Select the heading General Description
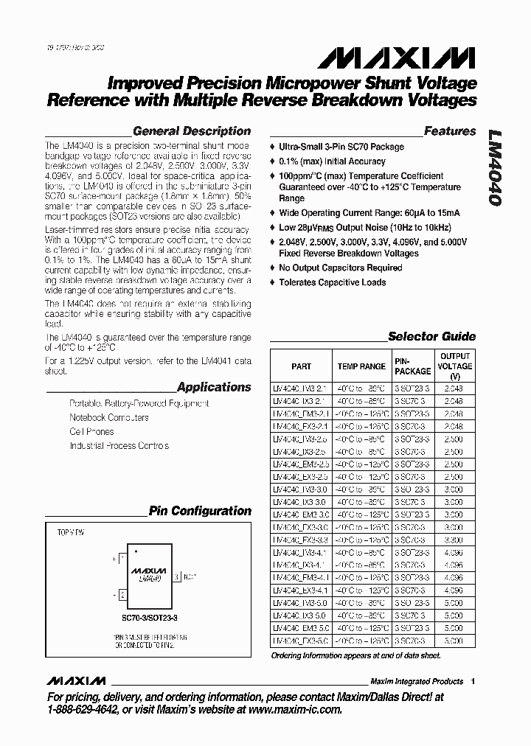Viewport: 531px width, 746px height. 192,131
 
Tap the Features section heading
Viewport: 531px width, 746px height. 450,131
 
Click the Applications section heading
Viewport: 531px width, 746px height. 214,387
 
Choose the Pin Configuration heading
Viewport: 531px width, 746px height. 200,511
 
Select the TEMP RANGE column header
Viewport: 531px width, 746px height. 361,366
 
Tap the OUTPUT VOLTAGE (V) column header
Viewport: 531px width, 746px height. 454,366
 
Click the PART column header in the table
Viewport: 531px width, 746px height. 301,366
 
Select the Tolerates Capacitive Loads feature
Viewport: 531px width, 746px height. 332,282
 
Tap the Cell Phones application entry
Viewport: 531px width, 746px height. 91,431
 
